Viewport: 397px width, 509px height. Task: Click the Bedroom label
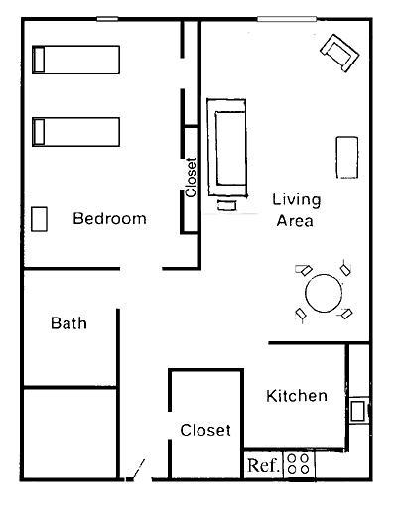(109, 218)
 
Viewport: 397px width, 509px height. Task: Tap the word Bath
(68, 323)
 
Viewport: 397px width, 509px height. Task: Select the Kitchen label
(297, 396)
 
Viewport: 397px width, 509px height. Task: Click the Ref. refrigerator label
(263, 465)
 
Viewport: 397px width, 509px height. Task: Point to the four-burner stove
(299, 464)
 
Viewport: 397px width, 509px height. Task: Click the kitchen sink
(358, 411)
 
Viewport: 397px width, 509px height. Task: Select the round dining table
(324, 293)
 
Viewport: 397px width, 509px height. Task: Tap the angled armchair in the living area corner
(339, 53)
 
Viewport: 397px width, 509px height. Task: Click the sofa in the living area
(227, 148)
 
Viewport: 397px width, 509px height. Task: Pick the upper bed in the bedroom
(75, 60)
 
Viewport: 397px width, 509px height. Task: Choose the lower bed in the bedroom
(75, 132)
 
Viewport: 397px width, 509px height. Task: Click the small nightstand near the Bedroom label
(39, 219)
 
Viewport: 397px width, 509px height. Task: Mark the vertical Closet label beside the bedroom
(191, 178)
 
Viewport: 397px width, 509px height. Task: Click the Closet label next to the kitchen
(205, 430)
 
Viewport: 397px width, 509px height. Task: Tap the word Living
(297, 200)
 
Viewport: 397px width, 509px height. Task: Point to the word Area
(295, 221)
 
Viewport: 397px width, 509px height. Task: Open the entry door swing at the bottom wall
(135, 470)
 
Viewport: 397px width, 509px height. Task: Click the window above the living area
(287, 19)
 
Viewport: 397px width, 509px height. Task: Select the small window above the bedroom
(107, 19)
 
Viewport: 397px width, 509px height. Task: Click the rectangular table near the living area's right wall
(347, 158)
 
